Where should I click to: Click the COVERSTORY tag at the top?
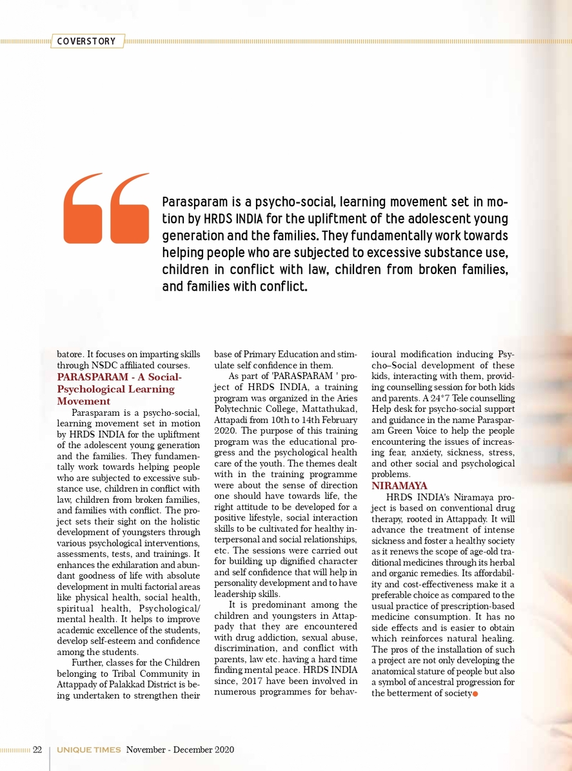(86, 41)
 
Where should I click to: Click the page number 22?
(37, 750)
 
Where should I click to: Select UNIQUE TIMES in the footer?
(88, 750)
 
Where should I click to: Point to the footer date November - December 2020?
(180, 750)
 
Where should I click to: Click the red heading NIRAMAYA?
(399, 485)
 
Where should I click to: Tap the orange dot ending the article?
(475, 694)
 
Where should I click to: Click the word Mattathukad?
(331, 409)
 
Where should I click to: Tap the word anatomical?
(399, 671)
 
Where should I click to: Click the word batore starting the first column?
(68, 354)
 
